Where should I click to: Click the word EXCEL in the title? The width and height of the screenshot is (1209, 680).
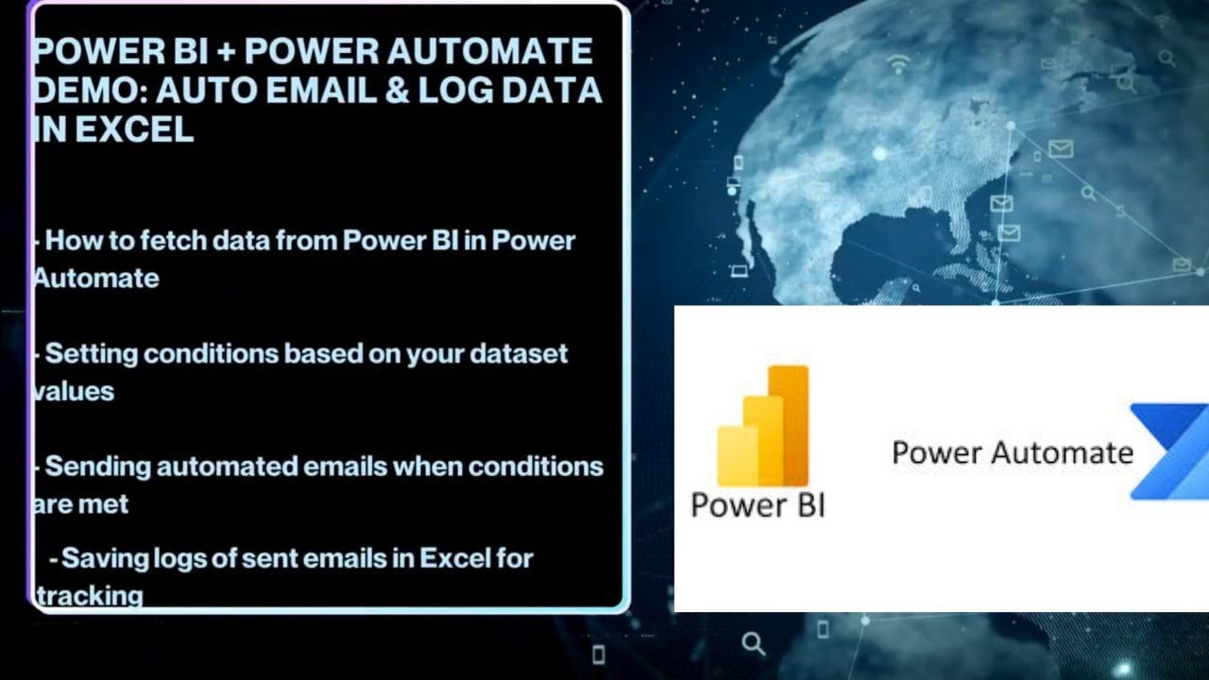tap(134, 129)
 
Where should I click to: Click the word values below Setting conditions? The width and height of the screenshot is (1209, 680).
tap(74, 391)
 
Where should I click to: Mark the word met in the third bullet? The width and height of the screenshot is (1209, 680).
tap(105, 504)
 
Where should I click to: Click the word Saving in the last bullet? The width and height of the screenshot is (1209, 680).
tap(106, 558)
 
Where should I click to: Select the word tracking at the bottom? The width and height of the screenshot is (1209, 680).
tap(90, 596)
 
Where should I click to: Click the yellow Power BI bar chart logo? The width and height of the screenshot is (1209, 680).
tap(763, 425)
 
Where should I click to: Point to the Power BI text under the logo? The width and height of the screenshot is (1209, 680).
tap(758, 504)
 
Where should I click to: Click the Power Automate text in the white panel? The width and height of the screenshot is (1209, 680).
tap(1012, 452)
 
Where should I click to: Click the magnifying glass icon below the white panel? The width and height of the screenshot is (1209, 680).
tap(753, 644)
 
